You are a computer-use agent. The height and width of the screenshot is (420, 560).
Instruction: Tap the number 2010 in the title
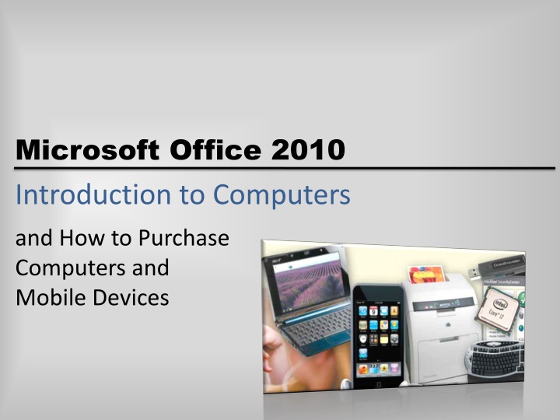(x=307, y=149)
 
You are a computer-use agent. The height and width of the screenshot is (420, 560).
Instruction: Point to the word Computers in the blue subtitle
(x=282, y=195)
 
